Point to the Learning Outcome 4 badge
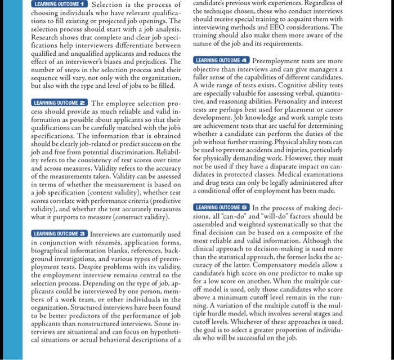coord(222,60)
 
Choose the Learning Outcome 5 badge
coord(222,207)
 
